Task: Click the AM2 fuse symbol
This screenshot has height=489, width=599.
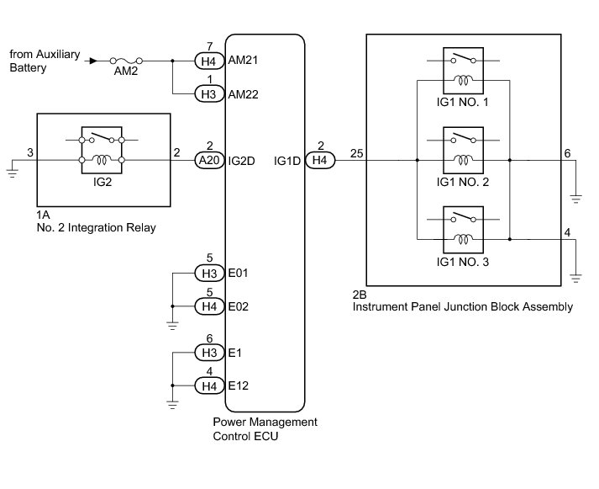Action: (x=126, y=61)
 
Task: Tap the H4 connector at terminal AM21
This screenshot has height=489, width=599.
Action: (x=209, y=61)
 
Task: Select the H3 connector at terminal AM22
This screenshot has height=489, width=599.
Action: (x=209, y=93)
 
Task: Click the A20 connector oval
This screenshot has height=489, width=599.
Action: (x=209, y=160)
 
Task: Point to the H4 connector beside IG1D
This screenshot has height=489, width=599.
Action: (x=320, y=160)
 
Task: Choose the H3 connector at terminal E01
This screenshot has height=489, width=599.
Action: (x=209, y=274)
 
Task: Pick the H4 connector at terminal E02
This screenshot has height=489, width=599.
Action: (x=209, y=306)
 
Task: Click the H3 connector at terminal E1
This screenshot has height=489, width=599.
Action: (x=209, y=353)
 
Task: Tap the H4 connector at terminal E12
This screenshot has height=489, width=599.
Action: (x=209, y=385)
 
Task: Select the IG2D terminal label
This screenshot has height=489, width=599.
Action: (x=241, y=161)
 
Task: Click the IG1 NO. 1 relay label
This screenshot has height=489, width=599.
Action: (x=463, y=102)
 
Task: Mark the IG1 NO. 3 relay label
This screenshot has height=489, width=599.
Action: (x=463, y=262)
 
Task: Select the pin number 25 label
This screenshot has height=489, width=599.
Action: (x=356, y=153)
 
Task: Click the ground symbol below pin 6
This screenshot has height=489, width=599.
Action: (x=575, y=199)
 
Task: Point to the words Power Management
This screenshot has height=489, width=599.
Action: (x=265, y=422)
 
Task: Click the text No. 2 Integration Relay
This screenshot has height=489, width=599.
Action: (x=97, y=227)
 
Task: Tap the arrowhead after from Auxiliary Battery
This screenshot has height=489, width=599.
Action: (x=93, y=61)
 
